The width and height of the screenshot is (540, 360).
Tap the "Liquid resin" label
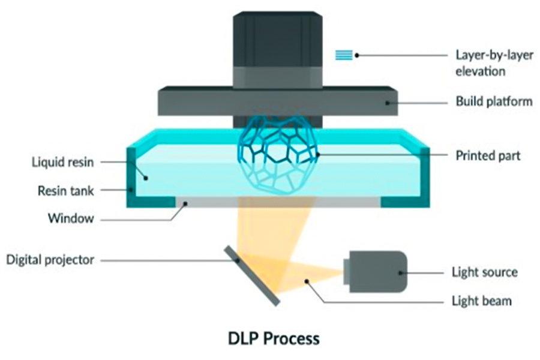(x=65, y=162)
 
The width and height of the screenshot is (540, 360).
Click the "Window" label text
(x=71, y=218)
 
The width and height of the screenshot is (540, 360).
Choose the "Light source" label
(x=484, y=272)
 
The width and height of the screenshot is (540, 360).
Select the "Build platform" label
(x=494, y=101)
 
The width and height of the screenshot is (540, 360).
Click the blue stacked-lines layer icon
(x=343, y=55)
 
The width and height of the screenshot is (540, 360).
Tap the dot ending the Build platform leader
(x=388, y=102)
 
